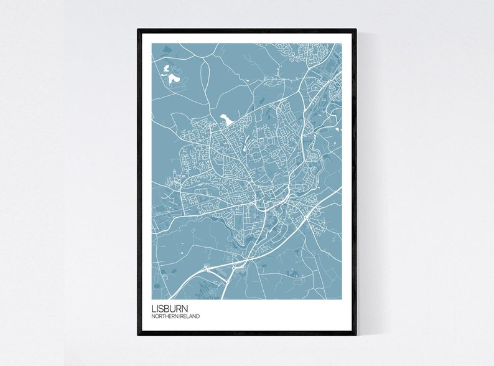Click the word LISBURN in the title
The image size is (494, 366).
click(169, 308)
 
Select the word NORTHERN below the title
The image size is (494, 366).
click(165, 316)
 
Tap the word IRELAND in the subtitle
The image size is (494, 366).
click(190, 316)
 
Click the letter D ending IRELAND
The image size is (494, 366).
click(198, 316)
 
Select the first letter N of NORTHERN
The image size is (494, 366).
click(154, 316)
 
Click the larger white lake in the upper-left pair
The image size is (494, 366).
click(173, 80)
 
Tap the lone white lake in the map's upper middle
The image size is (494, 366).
click(225, 118)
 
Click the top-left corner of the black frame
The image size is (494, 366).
click(139, 30)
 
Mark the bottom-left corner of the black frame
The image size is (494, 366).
click(139, 334)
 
